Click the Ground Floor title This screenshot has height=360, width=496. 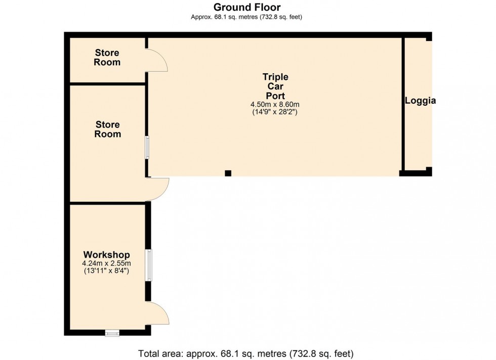pyautogui.click(x=247, y=7)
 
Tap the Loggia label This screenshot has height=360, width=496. pyautogui.click(x=421, y=101)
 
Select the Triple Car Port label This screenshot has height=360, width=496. pyautogui.click(x=275, y=86)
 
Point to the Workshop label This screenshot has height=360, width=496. pyautogui.click(x=107, y=254)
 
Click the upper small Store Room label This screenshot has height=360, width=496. pyautogui.click(x=107, y=57)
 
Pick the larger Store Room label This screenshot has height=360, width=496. pyautogui.click(x=107, y=129)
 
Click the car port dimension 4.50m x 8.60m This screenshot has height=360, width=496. pyautogui.click(x=275, y=104)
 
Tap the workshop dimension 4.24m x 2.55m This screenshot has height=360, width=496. pyautogui.click(x=107, y=263)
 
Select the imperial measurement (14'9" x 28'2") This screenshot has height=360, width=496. pyautogui.click(x=275, y=112)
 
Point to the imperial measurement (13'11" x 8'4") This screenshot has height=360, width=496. pyautogui.click(x=107, y=271)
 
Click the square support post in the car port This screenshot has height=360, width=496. pyautogui.click(x=228, y=173)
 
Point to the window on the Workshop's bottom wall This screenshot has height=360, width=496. pyautogui.click(x=112, y=333)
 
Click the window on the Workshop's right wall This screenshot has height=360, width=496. pyautogui.click(x=148, y=265)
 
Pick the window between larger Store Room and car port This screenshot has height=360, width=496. pyautogui.click(x=147, y=147)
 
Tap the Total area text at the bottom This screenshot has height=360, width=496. pyautogui.click(x=246, y=353)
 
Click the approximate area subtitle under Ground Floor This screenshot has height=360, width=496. pyautogui.click(x=246, y=17)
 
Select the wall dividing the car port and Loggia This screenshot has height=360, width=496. pyautogui.click(x=403, y=104)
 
